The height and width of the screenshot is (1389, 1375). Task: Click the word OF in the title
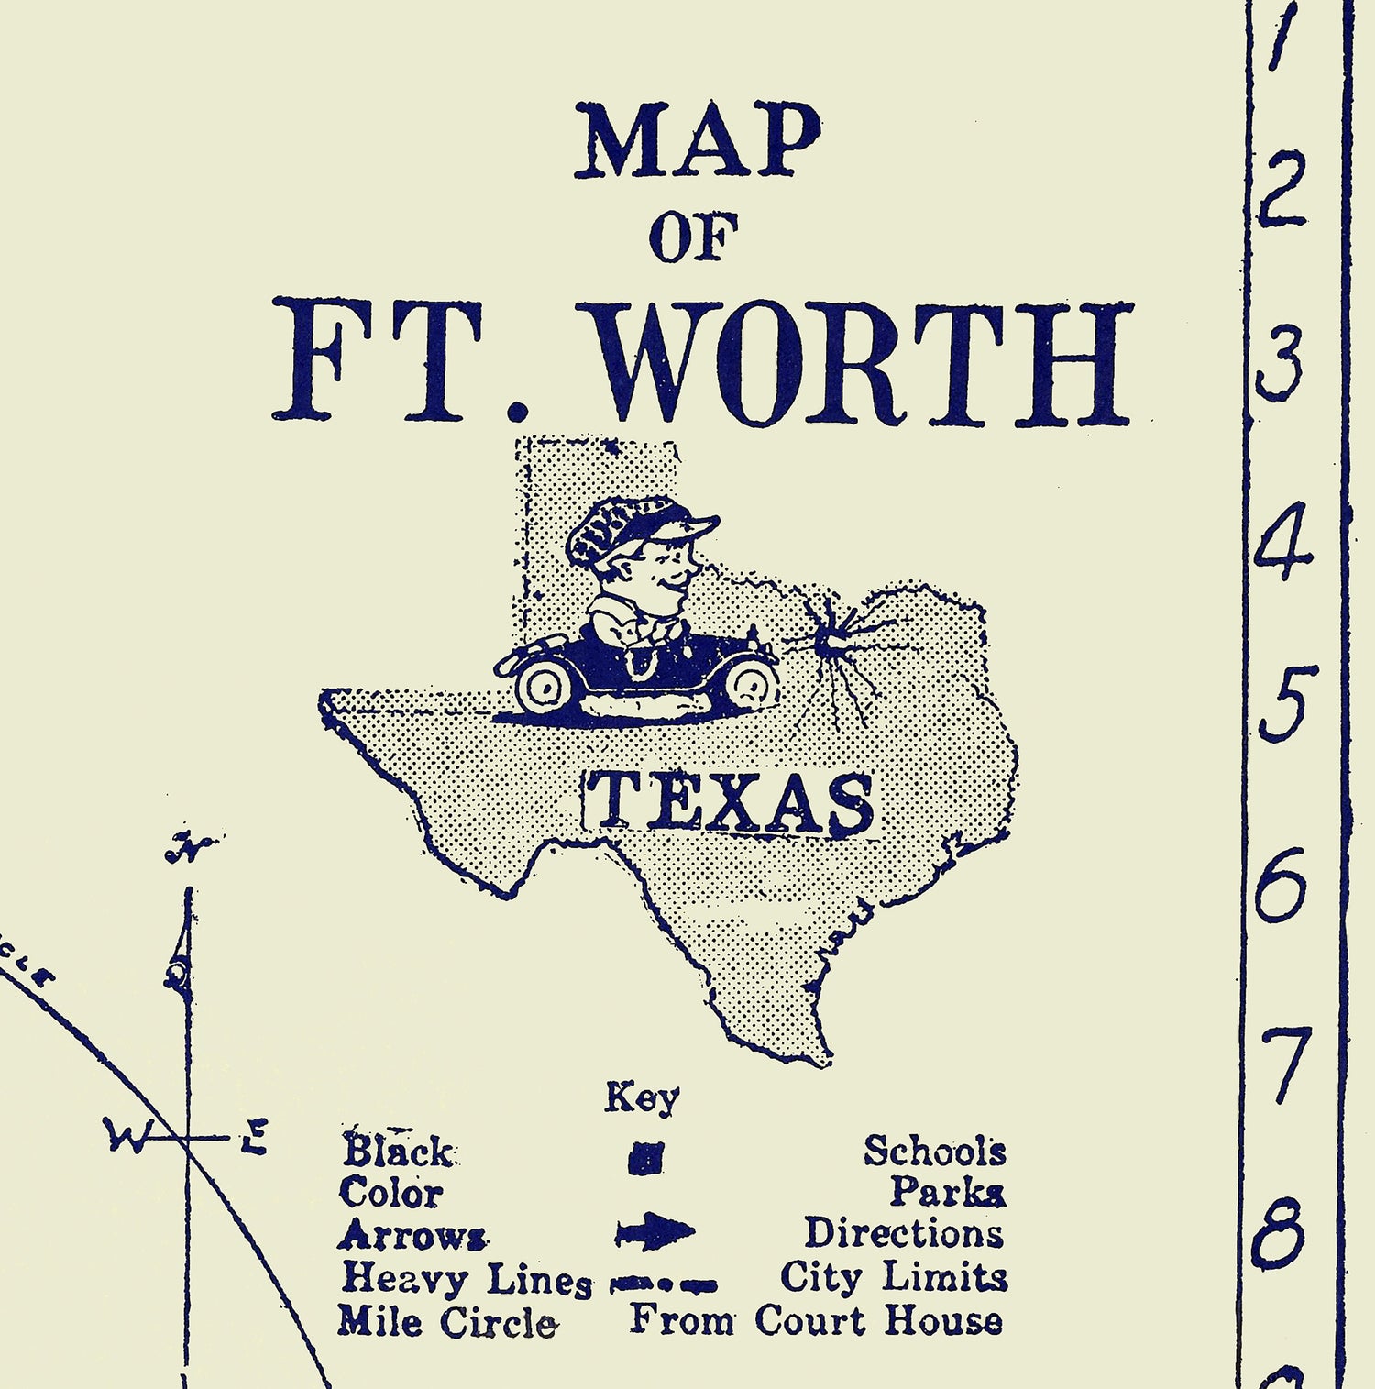point(693,237)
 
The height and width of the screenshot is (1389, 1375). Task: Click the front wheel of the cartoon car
point(751,683)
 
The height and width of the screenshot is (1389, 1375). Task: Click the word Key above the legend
point(642,1097)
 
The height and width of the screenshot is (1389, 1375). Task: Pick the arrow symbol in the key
point(654,1231)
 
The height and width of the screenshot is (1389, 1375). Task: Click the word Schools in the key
point(934,1151)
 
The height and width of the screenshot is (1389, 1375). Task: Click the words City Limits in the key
point(893,1276)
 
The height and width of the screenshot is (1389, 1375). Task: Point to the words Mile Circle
point(446,1322)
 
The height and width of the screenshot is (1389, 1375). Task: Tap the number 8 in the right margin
point(1278,1234)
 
